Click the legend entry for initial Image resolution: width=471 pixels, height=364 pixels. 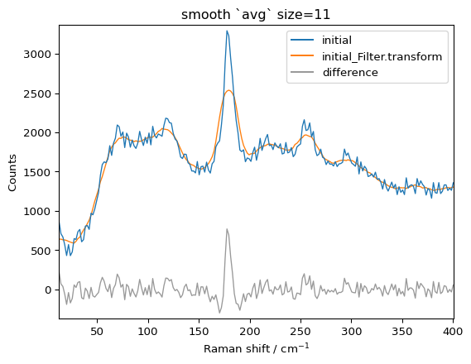338,40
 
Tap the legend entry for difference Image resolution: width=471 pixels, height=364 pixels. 350,73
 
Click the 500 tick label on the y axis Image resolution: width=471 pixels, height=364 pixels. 42,251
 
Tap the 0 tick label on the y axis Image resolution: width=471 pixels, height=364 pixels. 48,290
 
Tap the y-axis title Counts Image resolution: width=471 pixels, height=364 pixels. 12,171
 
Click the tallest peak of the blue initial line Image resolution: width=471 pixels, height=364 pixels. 227,31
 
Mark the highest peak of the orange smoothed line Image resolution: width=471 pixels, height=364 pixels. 228,91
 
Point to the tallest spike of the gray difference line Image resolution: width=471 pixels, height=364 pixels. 227,230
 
